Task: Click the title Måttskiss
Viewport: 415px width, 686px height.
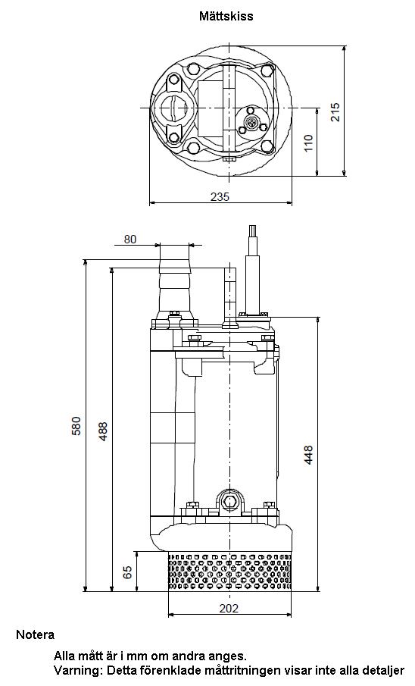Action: pyautogui.click(x=226, y=16)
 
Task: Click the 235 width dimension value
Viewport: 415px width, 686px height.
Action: pyautogui.click(x=220, y=197)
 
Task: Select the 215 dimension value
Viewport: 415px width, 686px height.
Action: pyautogui.click(x=335, y=112)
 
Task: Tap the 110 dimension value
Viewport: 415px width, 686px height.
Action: pyautogui.click(x=309, y=143)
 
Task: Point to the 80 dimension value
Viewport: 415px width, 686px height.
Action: pyautogui.click(x=130, y=240)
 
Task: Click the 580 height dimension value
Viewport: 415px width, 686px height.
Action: pyautogui.click(x=76, y=426)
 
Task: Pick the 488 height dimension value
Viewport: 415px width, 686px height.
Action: pyautogui.click(x=103, y=431)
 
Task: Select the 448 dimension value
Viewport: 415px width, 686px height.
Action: pyautogui.click(x=309, y=455)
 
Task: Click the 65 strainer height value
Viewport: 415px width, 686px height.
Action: pyautogui.click(x=128, y=572)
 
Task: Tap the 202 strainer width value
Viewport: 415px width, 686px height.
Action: pyautogui.click(x=229, y=609)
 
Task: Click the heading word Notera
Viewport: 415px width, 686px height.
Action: pyautogui.click(x=35, y=634)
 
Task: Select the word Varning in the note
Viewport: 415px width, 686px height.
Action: pyautogui.click(x=75, y=670)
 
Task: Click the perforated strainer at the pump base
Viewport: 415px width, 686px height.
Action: pyautogui.click(x=229, y=572)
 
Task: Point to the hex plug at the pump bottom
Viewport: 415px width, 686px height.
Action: pyautogui.click(x=229, y=500)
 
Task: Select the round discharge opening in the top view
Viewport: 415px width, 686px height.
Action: pyautogui.click(x=174, y=108)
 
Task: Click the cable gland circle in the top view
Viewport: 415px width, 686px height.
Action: pyautogui.click(x=251, y=123)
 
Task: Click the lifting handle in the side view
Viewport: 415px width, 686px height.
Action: pyautogui.click(x=229, y=297)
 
